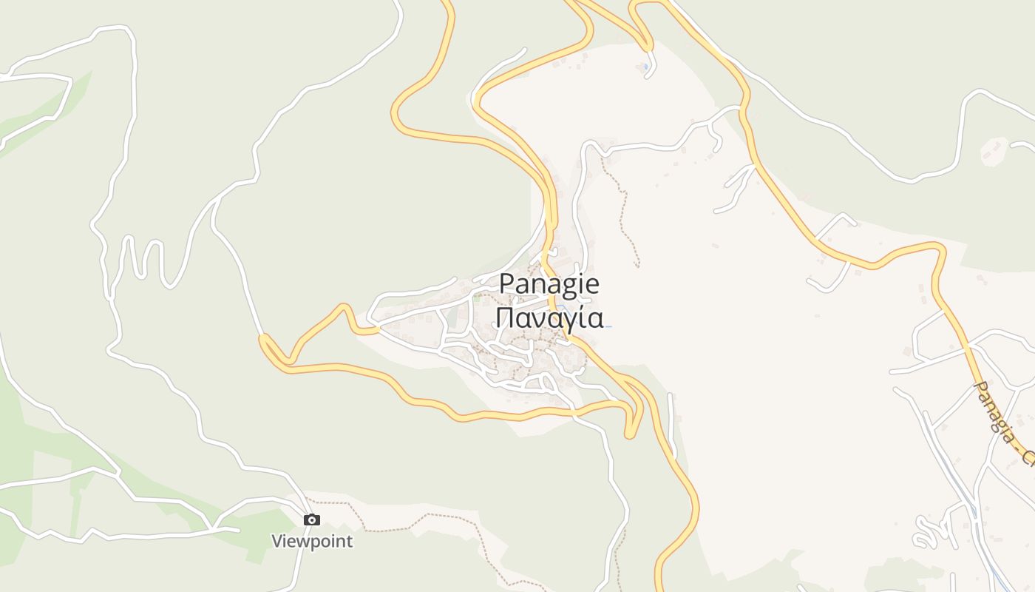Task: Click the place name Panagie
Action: click(549, 284)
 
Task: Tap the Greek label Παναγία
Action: click(550, 317)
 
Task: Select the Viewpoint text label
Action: click(312, 541)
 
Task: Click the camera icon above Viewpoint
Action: click(312, 520)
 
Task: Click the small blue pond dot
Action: click(645, 67)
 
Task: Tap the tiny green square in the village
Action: click(477, 299)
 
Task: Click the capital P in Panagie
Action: click(506, 284)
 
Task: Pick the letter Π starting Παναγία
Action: click(503, 317)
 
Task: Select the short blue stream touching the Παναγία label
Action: click(608, 326)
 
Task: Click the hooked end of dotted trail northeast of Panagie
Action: click(637, 263)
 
